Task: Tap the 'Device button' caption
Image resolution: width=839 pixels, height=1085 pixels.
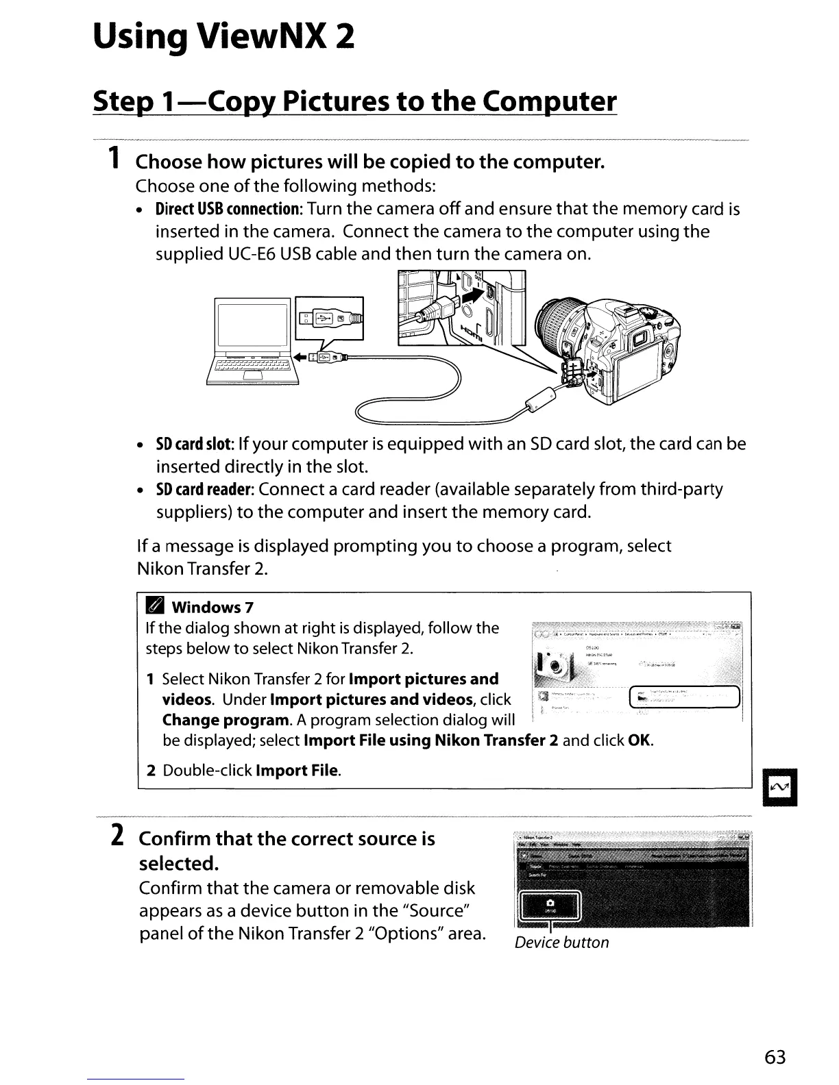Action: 561,943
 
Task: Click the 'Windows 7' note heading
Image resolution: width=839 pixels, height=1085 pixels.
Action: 212,608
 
